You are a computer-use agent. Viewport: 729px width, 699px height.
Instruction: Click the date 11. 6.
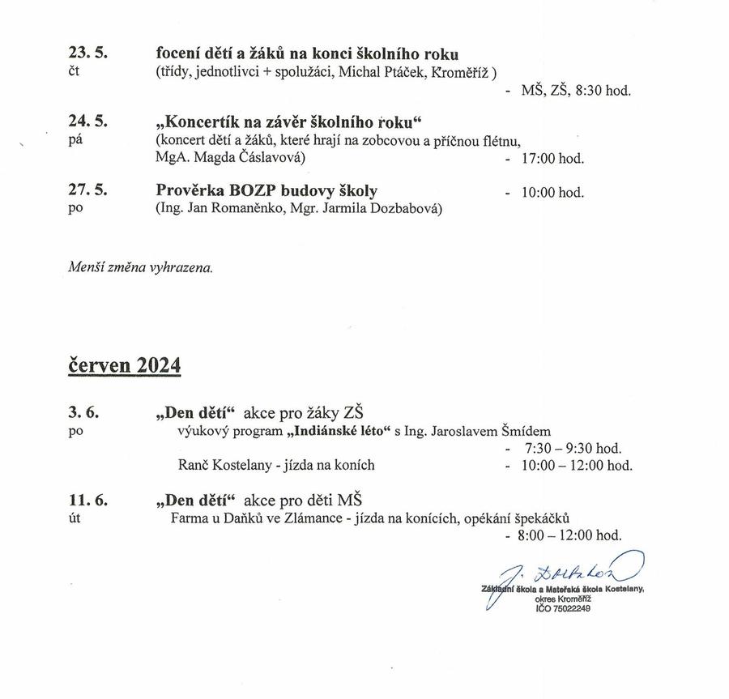point(87,498)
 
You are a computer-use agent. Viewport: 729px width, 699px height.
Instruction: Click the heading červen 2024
point(124,365)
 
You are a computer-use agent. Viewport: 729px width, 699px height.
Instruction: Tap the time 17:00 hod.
point(553,159)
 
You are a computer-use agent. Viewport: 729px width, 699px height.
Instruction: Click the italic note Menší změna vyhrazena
point(141,267)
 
